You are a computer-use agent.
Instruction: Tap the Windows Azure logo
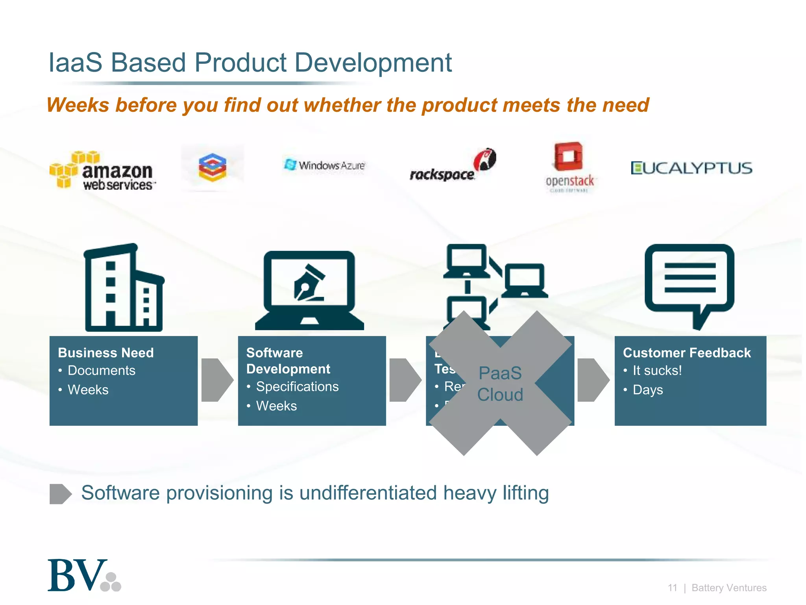[324, 165]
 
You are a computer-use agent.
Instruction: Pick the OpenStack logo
[569, 167]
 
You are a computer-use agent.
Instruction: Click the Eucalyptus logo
[691, 168]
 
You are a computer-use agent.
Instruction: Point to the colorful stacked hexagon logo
[213, 167]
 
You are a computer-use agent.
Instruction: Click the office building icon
[124, 288]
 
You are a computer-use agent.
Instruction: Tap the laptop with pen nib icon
[309, 291]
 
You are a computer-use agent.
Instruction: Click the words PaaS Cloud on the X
[500, 384]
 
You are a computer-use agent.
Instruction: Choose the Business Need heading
[105, 353]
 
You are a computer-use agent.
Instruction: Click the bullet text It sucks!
[657, 371]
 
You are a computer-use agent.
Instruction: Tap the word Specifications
[297, 387]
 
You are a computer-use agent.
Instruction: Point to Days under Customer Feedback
[647, 390]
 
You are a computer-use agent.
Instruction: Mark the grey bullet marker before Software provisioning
[60, 494]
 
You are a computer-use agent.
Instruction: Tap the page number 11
[672, 588]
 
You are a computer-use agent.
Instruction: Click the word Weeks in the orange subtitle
[78, 105]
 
